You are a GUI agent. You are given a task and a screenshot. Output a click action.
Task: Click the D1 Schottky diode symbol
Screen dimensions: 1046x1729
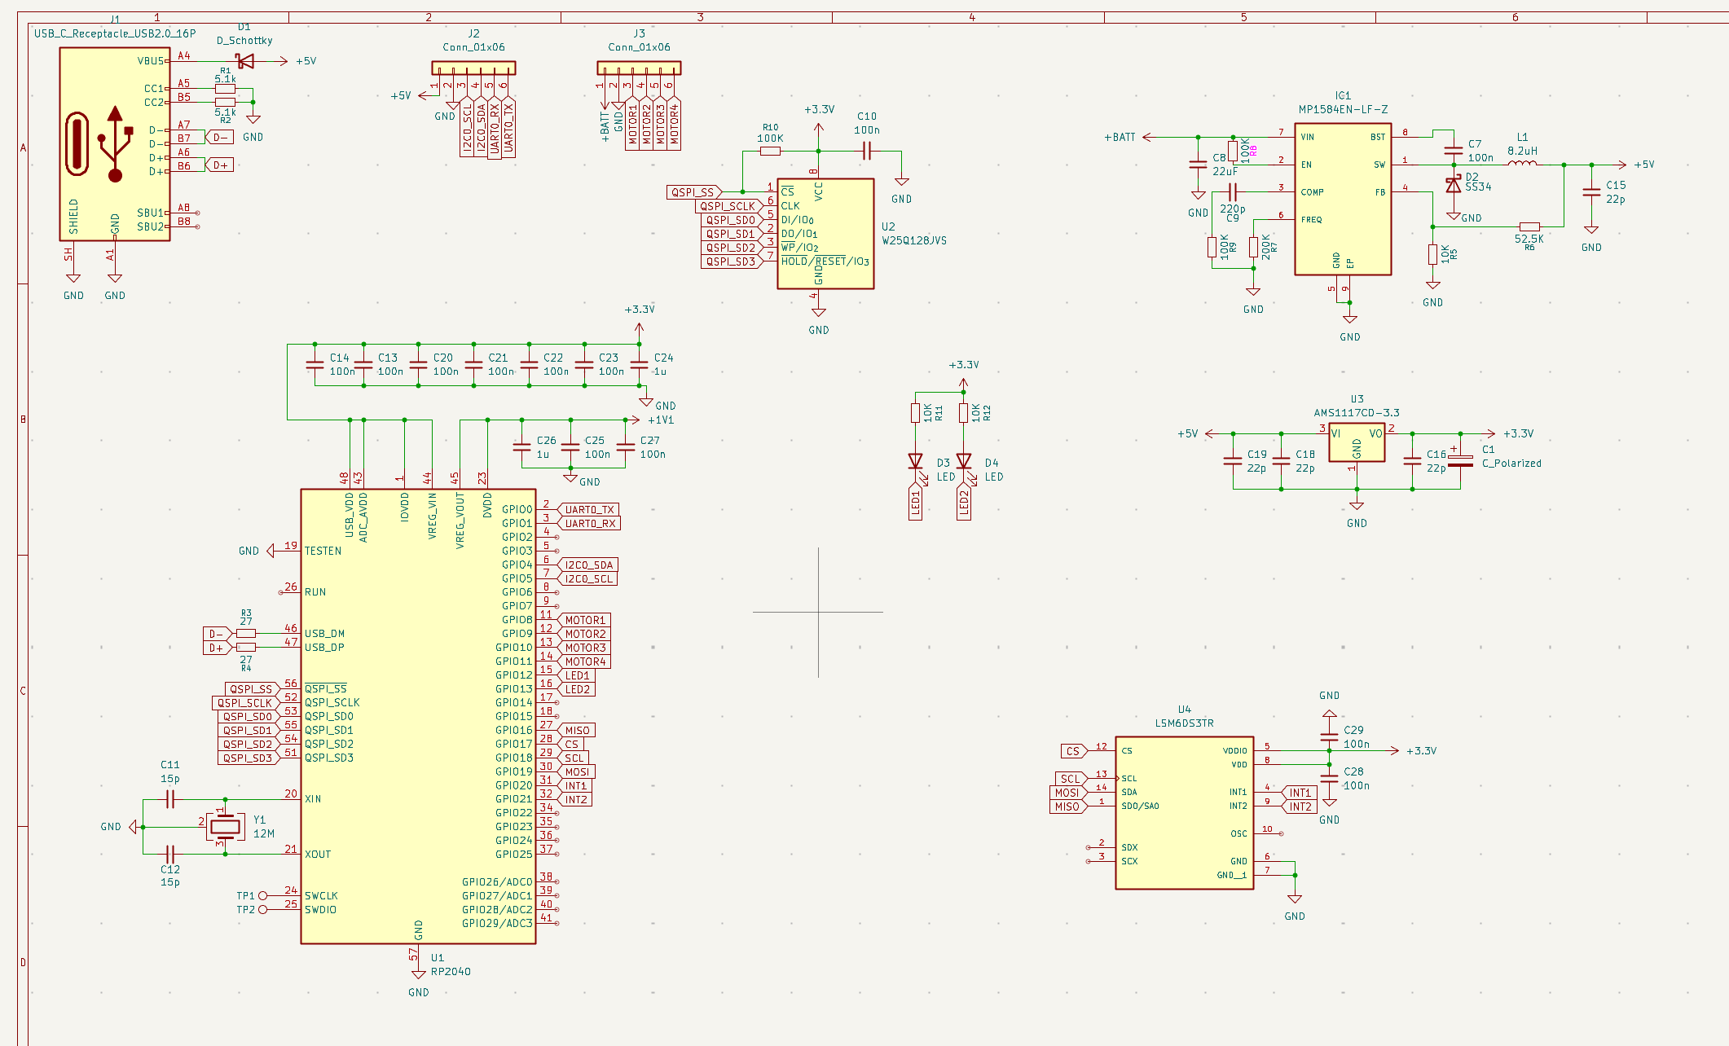tap(244, 61)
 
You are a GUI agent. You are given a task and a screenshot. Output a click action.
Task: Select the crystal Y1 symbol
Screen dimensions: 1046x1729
tap(225, 827)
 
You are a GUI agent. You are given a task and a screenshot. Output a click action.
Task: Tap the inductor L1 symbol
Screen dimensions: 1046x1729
tap(1522, 164)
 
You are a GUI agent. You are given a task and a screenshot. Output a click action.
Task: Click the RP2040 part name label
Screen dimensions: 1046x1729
tap(451, 971)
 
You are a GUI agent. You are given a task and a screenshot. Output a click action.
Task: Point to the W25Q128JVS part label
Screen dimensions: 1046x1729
tap(914, 240)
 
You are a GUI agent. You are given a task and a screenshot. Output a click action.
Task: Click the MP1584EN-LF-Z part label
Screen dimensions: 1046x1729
tap(1343, 109)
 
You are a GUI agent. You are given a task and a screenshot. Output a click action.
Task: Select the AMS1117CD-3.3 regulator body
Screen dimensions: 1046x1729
tap(1357, 442)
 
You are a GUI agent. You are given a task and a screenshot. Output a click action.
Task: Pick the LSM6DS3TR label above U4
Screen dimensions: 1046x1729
tap(1184, 723)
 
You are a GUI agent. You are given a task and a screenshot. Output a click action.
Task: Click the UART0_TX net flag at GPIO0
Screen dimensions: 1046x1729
tap(589, 510)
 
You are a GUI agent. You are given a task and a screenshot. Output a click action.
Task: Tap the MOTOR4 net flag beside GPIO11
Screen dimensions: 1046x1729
tap(585, 661)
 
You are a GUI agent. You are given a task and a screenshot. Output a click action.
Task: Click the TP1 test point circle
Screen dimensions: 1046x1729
tap(263, 896)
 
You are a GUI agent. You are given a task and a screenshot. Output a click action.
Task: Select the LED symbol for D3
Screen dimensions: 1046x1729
tap(916, 461)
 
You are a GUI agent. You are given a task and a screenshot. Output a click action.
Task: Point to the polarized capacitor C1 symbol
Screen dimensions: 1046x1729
tap(1460, 460)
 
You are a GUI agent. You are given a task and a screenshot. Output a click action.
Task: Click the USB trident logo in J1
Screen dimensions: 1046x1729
tap(115, 144)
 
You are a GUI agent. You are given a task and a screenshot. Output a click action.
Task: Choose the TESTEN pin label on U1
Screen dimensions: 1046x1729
tap(323, 551)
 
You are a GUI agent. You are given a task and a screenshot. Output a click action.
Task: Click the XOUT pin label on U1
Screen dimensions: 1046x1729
tap(318, 855)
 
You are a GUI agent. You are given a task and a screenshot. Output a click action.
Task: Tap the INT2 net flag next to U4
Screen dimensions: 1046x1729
tap(1300, 806)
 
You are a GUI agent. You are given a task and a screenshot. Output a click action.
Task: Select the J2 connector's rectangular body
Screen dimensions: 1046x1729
tap(473, 68)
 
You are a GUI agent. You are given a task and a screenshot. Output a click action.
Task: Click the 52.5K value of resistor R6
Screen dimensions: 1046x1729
tap(1529, 239)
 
